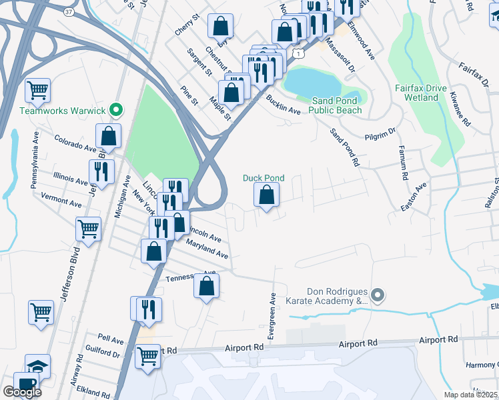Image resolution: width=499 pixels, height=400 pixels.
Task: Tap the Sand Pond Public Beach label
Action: point(337,105)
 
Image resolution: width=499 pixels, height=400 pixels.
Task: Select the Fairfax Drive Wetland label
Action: point(420,93)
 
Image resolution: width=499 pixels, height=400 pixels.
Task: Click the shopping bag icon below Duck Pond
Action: point(266,195)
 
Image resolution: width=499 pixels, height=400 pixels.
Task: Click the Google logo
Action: point(22,391)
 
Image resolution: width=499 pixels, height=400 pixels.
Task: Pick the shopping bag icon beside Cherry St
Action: point(220,27)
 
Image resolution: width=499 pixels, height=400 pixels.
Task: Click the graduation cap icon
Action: point(37,366)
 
